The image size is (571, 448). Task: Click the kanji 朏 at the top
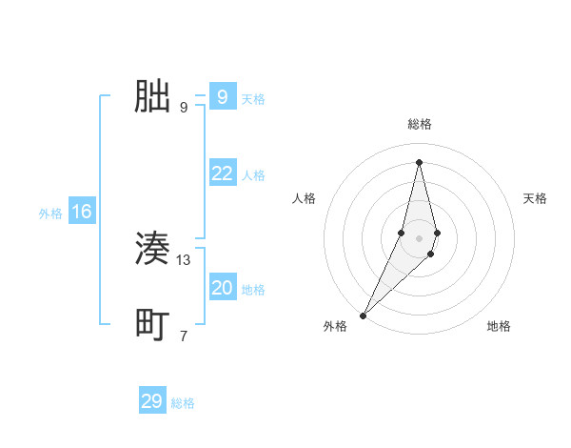tap(152, 96)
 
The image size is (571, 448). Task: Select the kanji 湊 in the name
tap(152, 250)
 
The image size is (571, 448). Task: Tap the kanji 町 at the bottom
tap(152, 325)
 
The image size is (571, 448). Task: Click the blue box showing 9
tap(222, 96)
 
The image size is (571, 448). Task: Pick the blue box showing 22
tap(222, 173)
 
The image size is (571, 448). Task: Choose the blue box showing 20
tap(222, 288)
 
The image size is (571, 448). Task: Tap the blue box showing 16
tap(82, 212)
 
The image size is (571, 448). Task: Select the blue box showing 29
tap(152, 401)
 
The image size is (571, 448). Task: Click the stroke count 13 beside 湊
tap(184, 260)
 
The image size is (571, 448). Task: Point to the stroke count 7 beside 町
tap(184, 336)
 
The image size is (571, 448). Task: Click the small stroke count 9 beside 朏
tap(184, 107)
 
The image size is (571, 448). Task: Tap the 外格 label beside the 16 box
tap(50, 214)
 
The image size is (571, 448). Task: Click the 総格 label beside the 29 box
tap(183, 403)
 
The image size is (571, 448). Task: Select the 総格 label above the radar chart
tap(419, 124)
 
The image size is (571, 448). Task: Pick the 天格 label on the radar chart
tap(535, 198)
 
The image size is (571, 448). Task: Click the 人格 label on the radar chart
tap(304, 198)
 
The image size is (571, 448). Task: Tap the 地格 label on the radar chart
tap(499, 326)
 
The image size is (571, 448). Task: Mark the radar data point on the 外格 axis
tap(364, 315)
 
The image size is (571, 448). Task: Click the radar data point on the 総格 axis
tap(419, 161)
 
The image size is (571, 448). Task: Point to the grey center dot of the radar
tap(419, 237)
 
